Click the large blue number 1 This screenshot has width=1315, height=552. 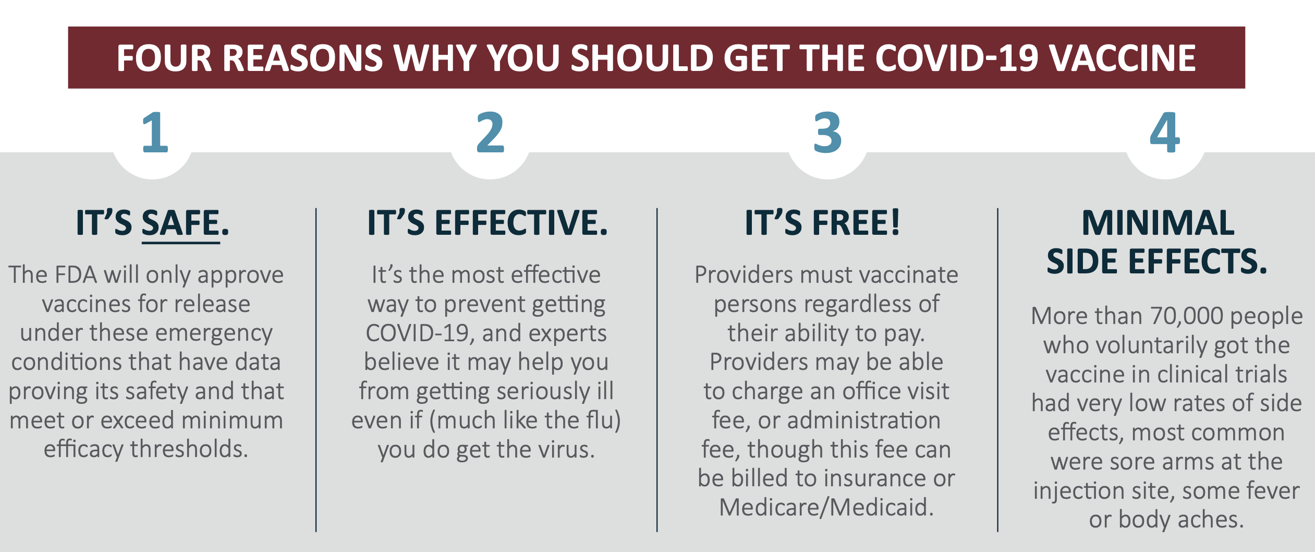[155, 133]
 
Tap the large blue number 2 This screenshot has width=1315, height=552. [491, 133]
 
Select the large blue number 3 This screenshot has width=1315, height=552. [827, 133]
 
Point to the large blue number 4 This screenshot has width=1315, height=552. [1165, 133]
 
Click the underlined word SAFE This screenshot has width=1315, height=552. [180, 223]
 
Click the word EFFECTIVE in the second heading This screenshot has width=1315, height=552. [521, 223]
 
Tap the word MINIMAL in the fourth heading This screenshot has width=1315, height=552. [1158, 223]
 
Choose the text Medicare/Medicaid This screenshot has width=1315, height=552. [826, 507]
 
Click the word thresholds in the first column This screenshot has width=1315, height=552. [189, 449]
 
